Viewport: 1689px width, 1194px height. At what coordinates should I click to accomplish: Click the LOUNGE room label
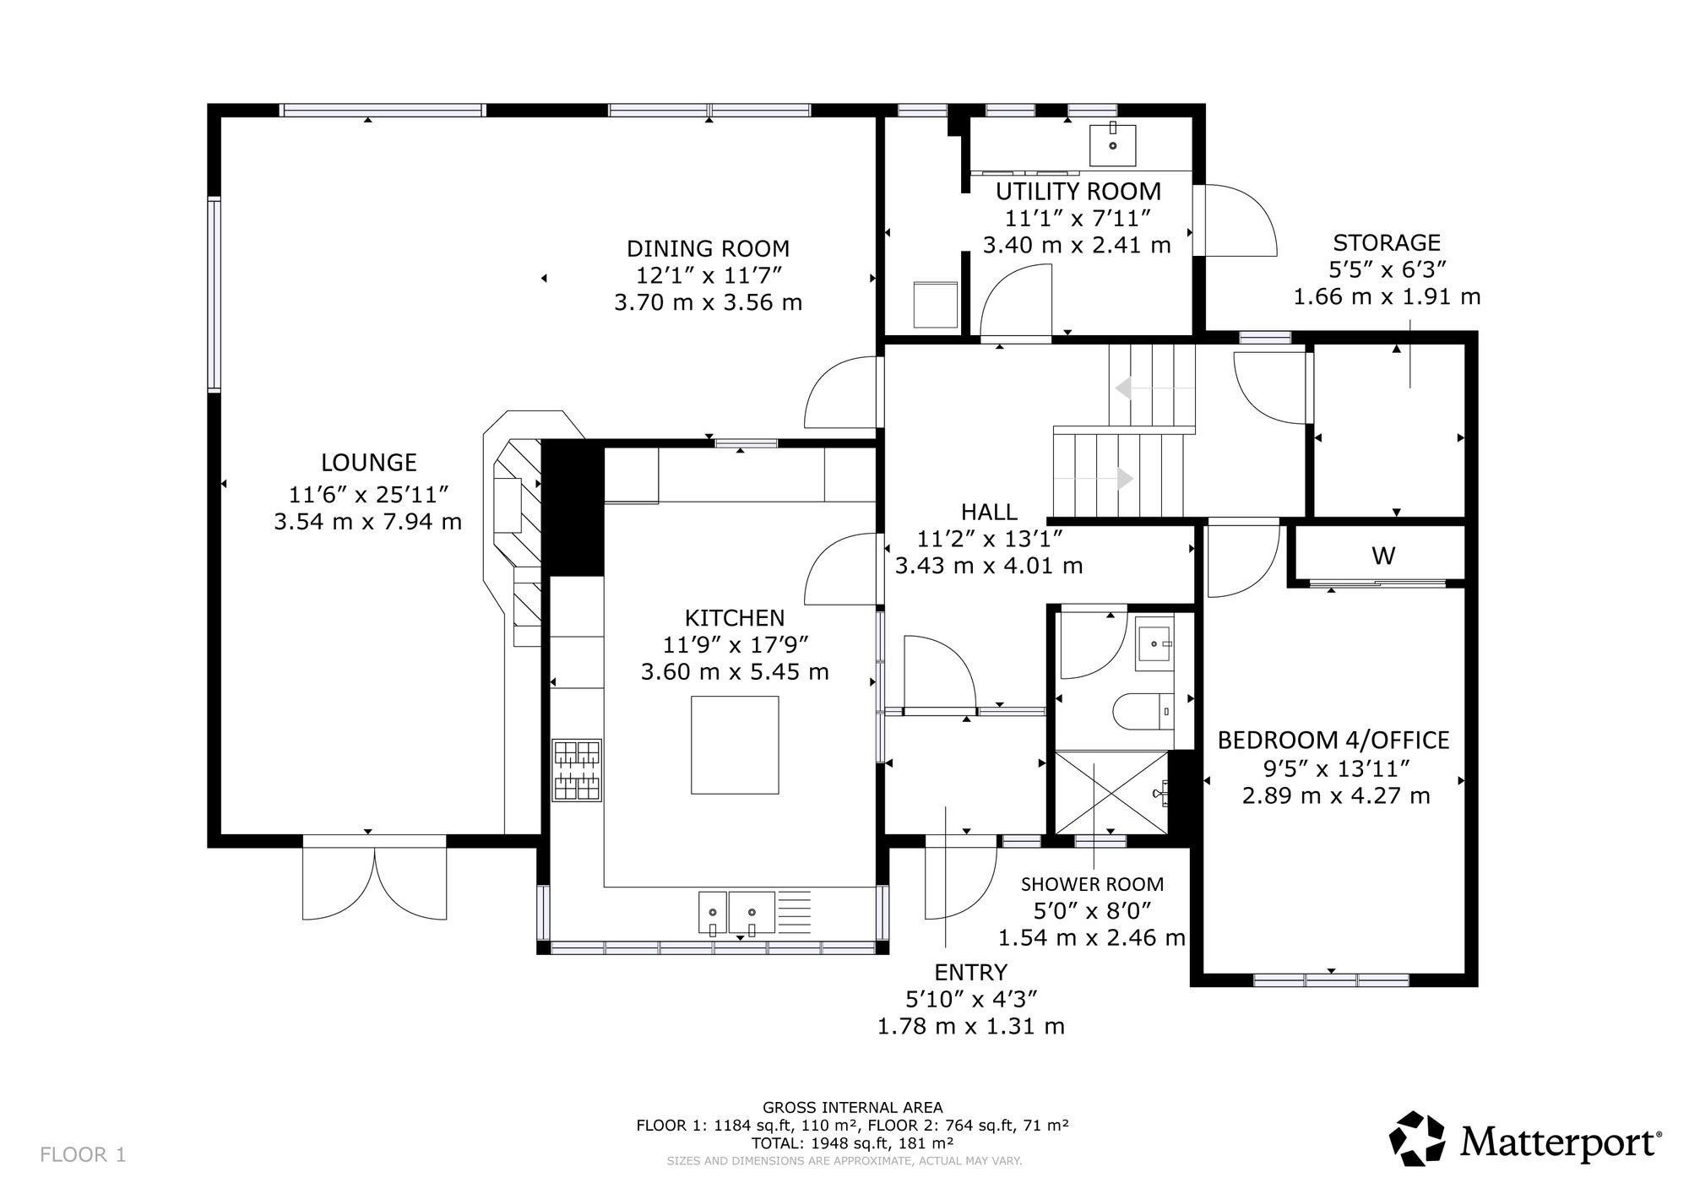[369, 463]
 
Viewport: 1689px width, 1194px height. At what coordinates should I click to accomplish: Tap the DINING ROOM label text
[708, 248]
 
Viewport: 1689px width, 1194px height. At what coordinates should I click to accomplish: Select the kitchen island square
[735, 745]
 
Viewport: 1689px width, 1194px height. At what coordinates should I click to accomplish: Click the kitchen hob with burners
[577, 770]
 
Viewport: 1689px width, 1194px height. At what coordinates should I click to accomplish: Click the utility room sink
[1112, 144]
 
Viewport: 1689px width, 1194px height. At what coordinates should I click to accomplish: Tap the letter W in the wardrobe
[1382, 556]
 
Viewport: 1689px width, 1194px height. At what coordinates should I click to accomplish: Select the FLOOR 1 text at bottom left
[83, 1154]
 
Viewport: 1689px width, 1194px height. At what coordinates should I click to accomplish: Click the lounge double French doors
[374, 878]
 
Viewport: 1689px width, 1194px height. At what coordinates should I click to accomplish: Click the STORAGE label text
[1387, 242]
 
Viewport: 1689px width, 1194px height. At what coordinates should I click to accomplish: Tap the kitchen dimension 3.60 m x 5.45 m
[735, 672]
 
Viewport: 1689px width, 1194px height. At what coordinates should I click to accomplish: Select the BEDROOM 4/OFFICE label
[1333, 741]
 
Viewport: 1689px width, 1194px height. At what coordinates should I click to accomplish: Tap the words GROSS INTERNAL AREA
[852, 1107]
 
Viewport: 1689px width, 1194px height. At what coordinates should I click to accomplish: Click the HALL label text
[989, 512]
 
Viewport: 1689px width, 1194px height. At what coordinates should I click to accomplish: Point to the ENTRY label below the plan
[970, 972]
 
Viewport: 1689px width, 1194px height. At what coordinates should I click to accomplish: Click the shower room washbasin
[1154, 643]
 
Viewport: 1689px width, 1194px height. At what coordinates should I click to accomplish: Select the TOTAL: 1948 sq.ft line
[852, 1142]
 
